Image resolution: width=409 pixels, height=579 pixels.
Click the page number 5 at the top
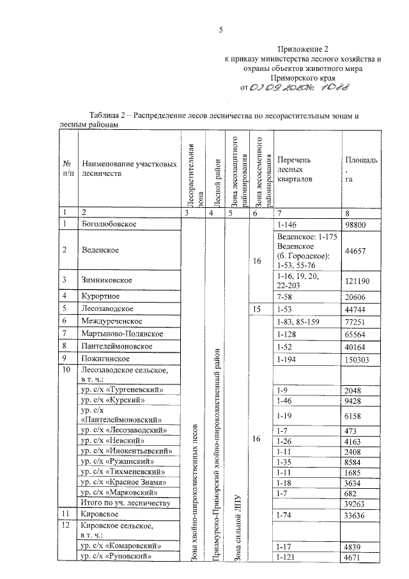[220, 29]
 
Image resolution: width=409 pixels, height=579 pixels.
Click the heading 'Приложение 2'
[303, 49]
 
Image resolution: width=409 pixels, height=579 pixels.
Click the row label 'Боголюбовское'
[107, 223]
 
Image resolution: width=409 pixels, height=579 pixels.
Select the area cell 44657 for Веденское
[355, 251]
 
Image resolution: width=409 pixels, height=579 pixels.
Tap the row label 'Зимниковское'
[106, 280]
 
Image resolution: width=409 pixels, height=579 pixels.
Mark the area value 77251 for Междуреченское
[355, 321]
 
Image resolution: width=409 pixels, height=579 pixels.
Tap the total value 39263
[355, 504]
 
